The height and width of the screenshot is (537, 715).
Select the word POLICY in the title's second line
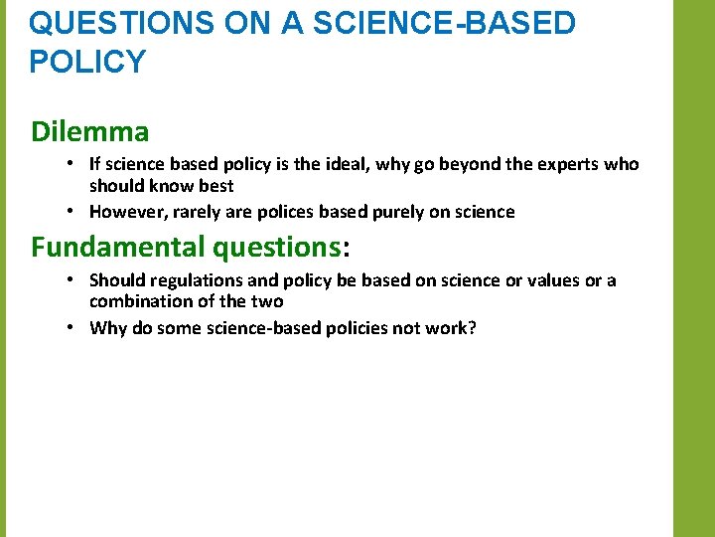87,62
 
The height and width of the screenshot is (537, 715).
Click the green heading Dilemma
90,131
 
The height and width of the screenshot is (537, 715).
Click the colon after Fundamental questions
347,247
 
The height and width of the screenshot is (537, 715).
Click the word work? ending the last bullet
452,327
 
